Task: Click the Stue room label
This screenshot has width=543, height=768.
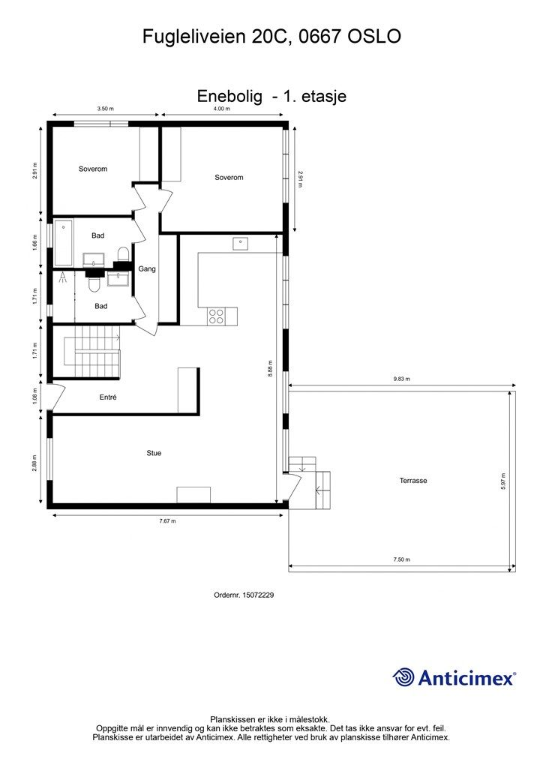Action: (x=154, y=453)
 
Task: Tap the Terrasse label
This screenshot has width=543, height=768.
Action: (x=412, y=481)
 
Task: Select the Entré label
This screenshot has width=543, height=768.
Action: (x=108, y=397)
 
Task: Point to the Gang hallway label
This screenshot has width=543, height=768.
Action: (x=147, y=268)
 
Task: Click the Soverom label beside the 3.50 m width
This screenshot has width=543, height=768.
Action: (x=93, y=169)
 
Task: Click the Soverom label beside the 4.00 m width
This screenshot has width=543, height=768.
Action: (x=229, y=178)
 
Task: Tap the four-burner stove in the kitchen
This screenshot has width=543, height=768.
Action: (x=216, y=316)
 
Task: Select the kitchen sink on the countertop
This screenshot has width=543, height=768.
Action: (x=240, y=243)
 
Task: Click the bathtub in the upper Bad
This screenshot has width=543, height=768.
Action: (x=63, y=243)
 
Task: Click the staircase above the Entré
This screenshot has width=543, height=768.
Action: (x=92, y=353)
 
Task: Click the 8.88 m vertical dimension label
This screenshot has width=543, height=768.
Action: (x=270, y=367)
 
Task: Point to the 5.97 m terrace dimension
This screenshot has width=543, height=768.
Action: (x=503, y=479)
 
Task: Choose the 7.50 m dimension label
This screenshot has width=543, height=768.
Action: (x=401, y=559)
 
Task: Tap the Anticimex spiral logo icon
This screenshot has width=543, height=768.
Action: (x=403, y=677)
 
